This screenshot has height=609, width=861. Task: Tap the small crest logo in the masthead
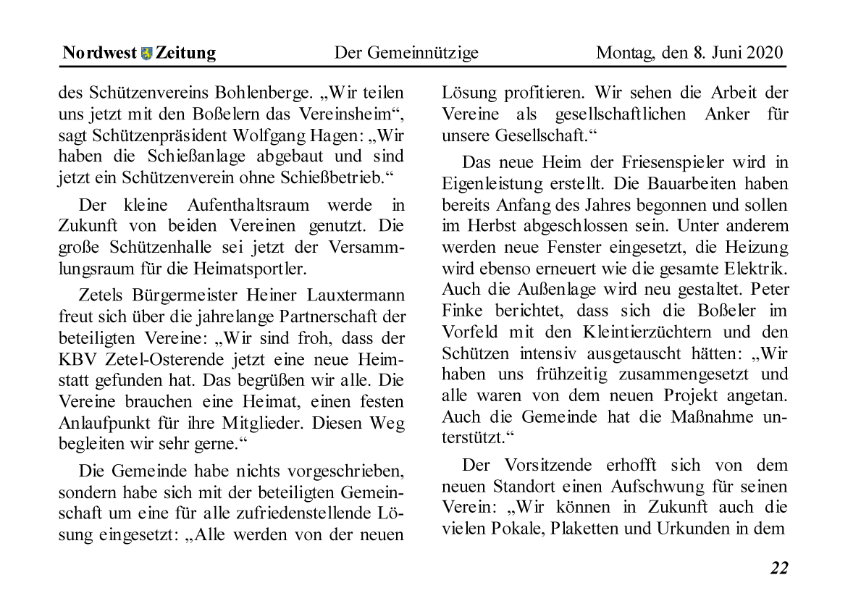pos(147,54)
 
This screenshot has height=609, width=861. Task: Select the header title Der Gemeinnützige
pos(406,53)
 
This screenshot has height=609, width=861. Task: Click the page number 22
pos(778,568)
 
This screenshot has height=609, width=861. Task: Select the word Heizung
pos(756,247)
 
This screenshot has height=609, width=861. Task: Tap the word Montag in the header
pos(622,53)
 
